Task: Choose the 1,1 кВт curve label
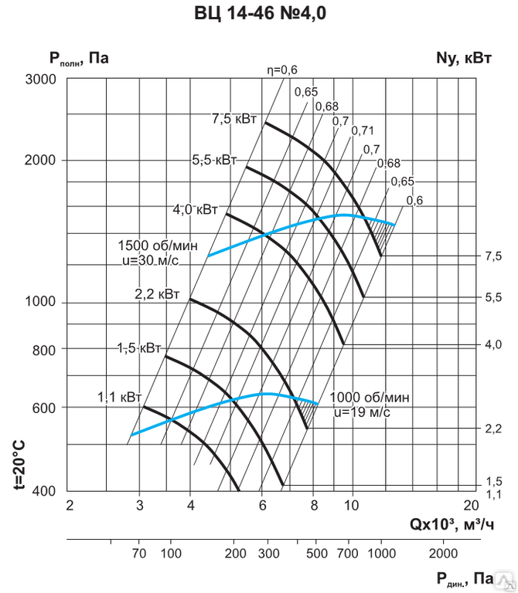point(119,398)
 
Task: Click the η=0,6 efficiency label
point(282,70)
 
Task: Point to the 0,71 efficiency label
point(363,131)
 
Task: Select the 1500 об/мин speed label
point(158,246)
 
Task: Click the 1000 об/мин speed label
point(370,398)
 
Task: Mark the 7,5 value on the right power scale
point(493,256)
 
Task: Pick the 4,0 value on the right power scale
point(493,344)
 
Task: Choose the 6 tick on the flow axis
point(262,506)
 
